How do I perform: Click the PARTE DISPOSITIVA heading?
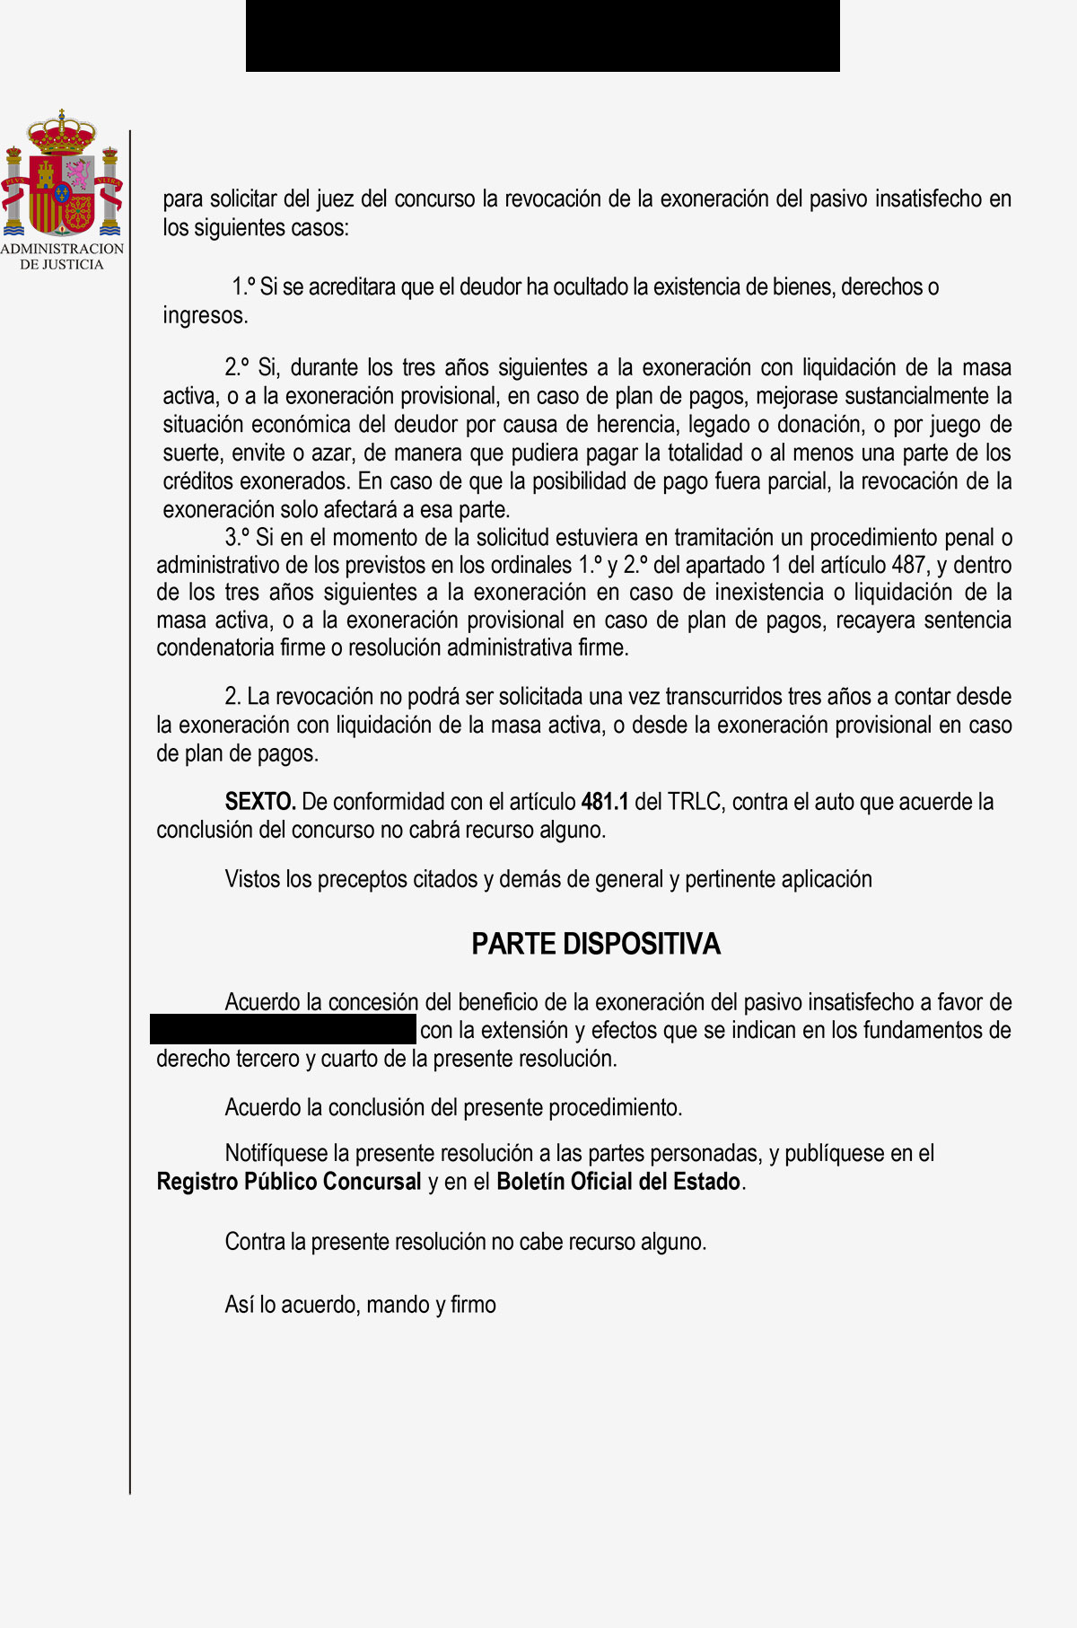(596, 944)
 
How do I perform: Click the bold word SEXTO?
(260, 801)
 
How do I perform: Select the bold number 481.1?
(605, 801)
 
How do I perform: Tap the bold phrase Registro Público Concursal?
(289, 1181)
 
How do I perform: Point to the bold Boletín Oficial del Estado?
(619, 1181)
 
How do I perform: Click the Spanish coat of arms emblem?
(62, 175)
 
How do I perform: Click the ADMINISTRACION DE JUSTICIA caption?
(62, 256)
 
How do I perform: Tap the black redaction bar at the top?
(542, 36)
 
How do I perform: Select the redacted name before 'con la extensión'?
(284, 1029)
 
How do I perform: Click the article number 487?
(908, 565)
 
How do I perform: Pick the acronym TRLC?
(694, 801)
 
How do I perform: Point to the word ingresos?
(205, 315)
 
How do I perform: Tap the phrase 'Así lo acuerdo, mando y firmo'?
(360, 1304)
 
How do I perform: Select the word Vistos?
(252, 878)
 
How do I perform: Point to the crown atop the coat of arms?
(62, 133)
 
